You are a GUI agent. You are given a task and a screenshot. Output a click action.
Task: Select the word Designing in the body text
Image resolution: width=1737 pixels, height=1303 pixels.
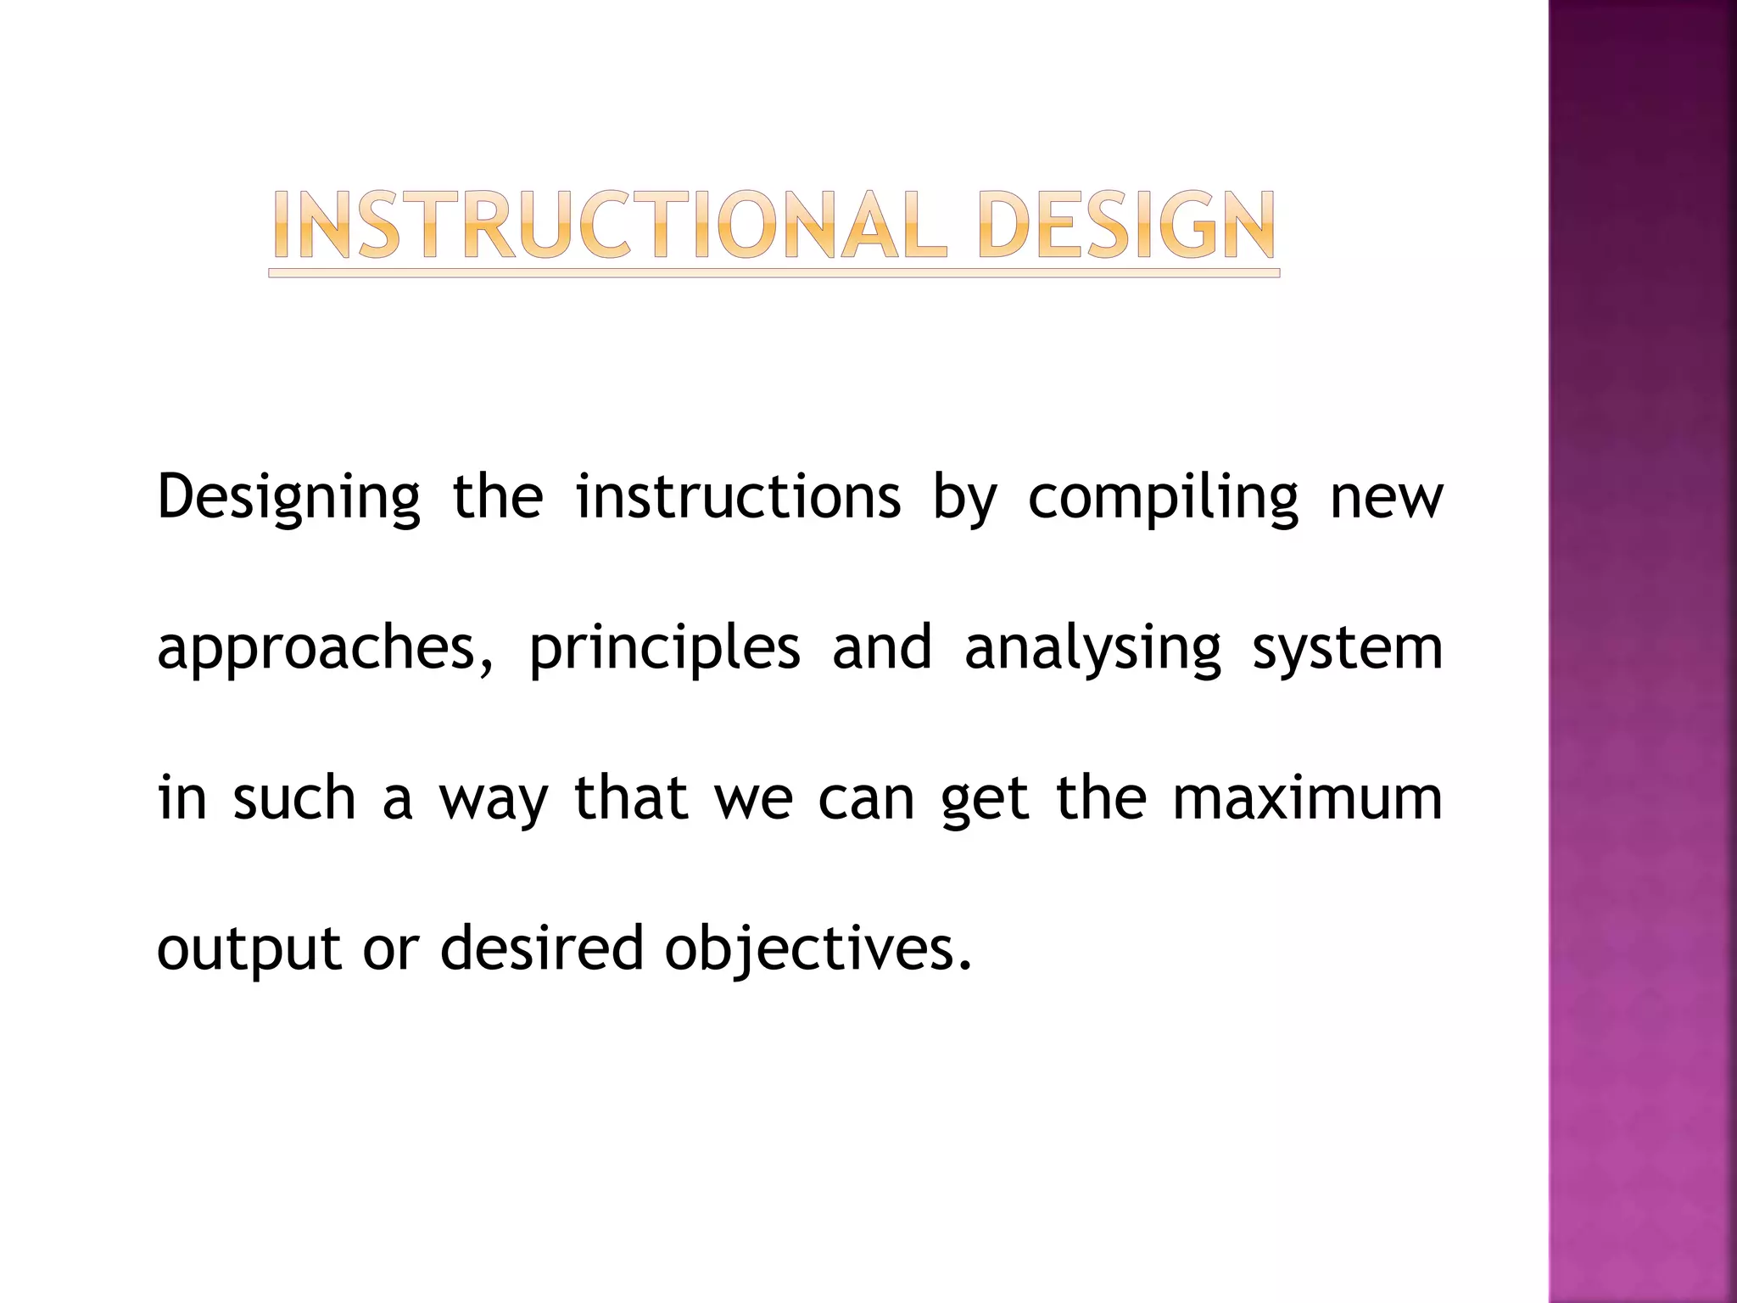288,498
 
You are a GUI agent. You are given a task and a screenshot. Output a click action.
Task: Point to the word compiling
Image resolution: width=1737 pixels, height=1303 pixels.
1163,498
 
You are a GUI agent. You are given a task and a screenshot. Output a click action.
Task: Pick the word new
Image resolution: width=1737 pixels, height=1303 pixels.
1386,498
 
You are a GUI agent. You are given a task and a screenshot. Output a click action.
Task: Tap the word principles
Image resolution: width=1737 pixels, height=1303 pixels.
664,649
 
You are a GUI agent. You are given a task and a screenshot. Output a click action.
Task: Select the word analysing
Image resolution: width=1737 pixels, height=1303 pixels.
1092,649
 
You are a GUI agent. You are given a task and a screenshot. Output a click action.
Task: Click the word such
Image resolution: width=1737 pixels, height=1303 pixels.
293,798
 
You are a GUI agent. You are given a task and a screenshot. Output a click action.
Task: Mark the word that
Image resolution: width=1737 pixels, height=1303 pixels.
630,798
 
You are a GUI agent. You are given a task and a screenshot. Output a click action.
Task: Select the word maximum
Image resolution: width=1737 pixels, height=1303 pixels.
1307,798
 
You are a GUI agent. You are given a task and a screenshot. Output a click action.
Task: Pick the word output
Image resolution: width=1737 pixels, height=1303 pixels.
249,949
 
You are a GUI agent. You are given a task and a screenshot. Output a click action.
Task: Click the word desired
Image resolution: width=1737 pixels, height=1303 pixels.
542,948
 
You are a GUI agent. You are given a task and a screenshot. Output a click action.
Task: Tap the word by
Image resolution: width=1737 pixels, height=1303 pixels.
964,498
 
